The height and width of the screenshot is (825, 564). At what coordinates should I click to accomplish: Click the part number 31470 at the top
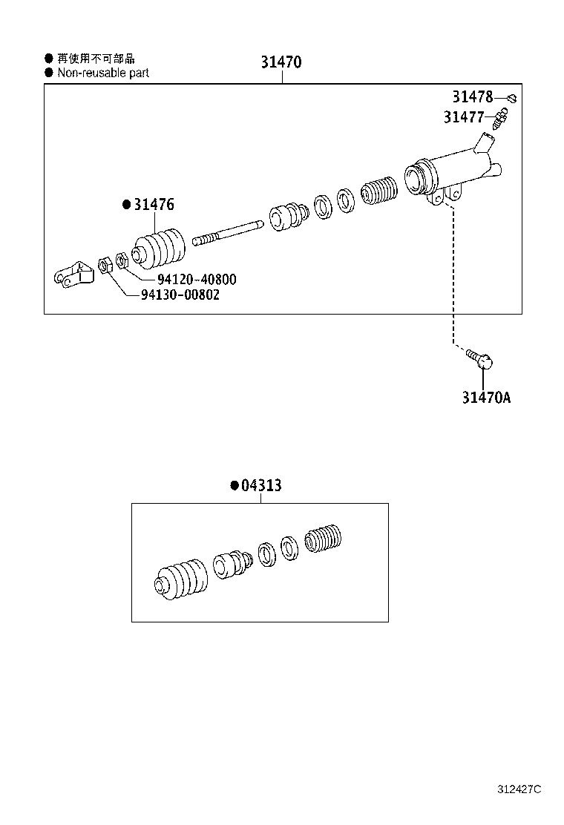pos(281,62)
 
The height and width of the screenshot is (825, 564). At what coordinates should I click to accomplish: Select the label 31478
pos(473,96)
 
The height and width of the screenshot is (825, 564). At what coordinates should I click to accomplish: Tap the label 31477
pos(464,117)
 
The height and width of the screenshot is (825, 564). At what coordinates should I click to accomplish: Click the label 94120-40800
pos(197,280)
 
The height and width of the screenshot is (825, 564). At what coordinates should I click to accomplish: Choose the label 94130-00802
pos(180,295)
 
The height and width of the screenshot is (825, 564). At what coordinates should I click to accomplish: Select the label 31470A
pos(486,398)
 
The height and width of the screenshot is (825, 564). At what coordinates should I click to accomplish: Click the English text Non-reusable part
pos(102,73)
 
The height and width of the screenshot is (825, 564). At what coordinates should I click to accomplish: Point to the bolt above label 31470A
pos(480,359)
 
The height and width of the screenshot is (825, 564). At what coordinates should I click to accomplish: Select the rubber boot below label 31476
pos(160,250)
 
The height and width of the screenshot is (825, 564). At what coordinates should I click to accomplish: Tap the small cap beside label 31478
pos(511,97)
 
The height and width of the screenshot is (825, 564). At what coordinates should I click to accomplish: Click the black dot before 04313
pos(234,486)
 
